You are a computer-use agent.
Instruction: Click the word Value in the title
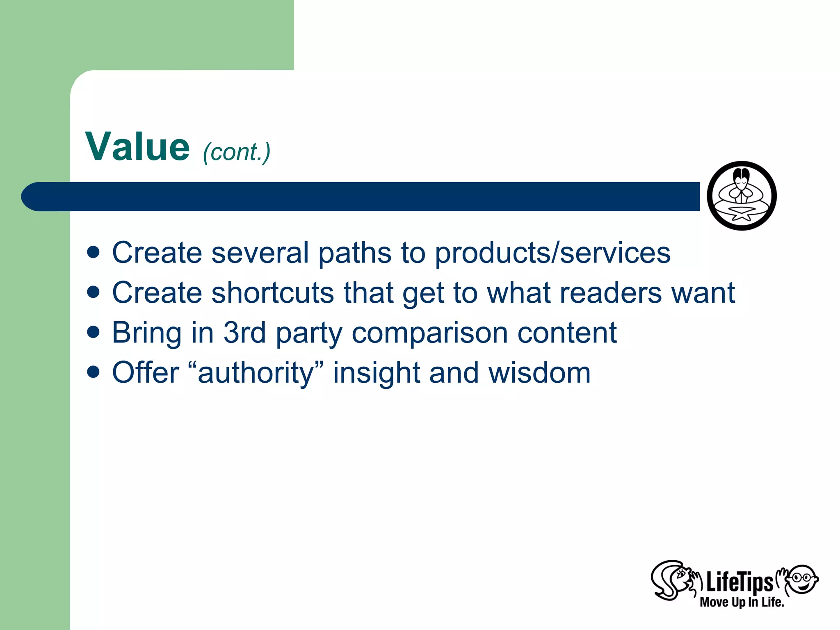[x=137, y=147]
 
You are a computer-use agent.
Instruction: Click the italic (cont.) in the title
[x=237, y=152]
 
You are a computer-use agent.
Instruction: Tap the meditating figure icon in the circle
[x=742, y=196]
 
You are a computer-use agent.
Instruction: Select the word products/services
[x=552, y=253]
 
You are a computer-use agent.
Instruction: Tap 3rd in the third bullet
[x=244, y=332]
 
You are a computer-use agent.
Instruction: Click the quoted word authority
[x=256, y=372]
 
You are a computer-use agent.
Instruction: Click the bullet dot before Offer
[x=94, y=372]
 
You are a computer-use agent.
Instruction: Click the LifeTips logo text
[x=739, y=582]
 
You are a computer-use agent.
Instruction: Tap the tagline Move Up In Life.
[x=742, y=602]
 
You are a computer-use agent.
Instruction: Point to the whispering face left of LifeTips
[x=673, y=580]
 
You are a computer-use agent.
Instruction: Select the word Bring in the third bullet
[x=147, y=333]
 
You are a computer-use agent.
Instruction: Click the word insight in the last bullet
[x=376, y=372]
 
